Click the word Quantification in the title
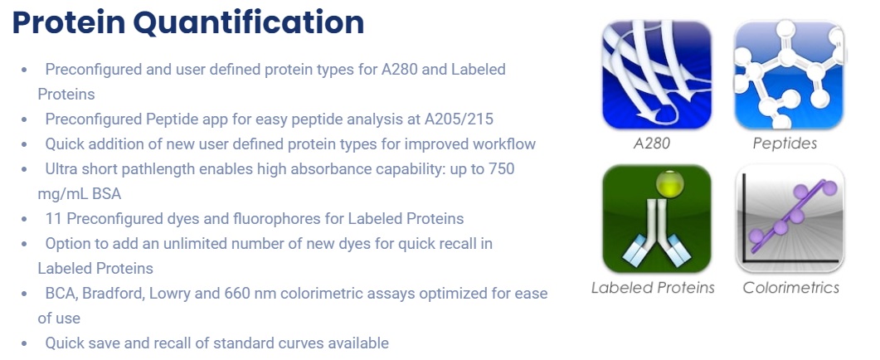click(246, 23)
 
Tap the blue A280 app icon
click(657, 75)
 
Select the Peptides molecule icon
click(789, 75)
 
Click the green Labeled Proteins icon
click(657, 219)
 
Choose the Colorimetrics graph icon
click(789, 219)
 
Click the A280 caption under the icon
click(652, 144)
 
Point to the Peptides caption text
click(785, 144)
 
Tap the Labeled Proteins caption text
click(653, 288)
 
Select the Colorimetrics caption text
click(790, 288)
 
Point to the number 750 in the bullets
click(501, 168)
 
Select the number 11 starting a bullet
click(53, 218)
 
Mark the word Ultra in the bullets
click(62, 168)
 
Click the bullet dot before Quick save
click(24, 343)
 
